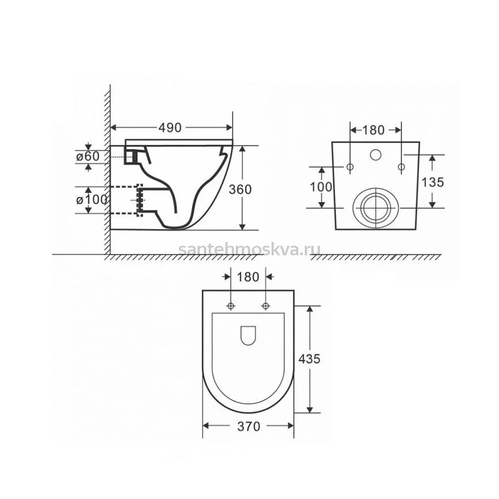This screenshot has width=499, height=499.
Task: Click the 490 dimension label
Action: click(x=170, y=127)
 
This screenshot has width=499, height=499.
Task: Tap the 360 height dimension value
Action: click(x=240, y=190)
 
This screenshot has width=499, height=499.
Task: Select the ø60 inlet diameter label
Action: click(x=88, y=156)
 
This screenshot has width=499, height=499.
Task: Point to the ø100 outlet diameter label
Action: click(x=91, y=200)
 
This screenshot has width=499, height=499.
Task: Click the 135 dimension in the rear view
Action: click(x=433, y=182)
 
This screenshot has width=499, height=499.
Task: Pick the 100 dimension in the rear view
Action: click(x=321, y=187)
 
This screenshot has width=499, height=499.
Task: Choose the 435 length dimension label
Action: click(x=309, y=358)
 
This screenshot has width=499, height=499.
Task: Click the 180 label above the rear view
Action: click(x=373, y=130)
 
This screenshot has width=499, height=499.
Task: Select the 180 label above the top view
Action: click(x=248, y=277)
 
